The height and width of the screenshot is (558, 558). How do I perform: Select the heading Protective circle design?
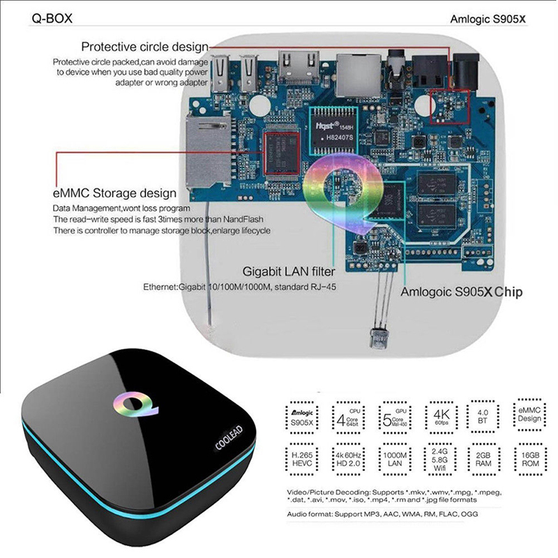144,47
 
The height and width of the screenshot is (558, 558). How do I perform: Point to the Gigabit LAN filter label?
288,271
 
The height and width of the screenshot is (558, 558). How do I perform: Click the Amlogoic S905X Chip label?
461,292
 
